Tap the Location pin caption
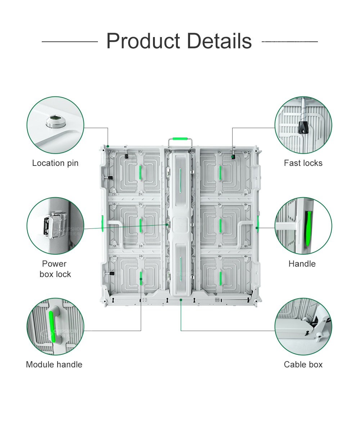[55, 163]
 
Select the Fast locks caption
[303, 163]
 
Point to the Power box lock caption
[55, 269]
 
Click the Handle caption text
[302, 264]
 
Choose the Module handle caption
[54, 365]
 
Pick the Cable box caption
[303, 365]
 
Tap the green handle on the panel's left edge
[102, 223]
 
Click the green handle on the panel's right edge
[258, 223]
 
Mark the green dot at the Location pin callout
[108, 146]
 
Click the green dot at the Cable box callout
[181, 299]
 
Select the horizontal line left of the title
[70, 42]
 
